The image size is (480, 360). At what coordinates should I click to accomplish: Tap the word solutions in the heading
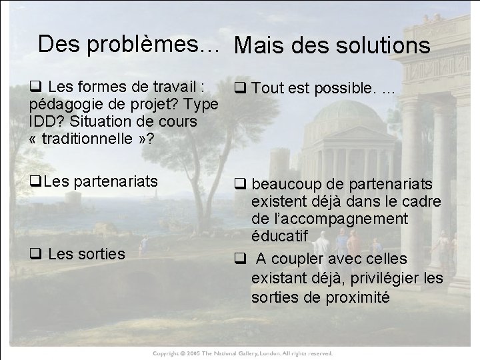pos(378,45)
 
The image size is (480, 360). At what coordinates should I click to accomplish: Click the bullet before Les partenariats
pos(35,181)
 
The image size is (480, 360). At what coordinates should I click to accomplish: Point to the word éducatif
pos(279,236)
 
